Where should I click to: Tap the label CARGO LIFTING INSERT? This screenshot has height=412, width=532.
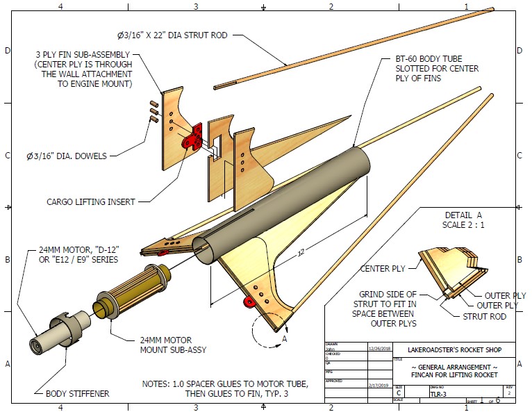pos(90,202)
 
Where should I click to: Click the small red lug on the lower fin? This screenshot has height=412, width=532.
pos(247,302)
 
